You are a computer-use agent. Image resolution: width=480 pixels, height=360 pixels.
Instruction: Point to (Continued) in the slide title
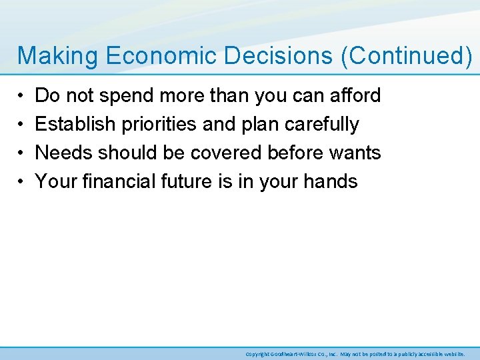[406, 56]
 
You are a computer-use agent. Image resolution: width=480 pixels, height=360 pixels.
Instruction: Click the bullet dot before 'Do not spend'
[21, 96]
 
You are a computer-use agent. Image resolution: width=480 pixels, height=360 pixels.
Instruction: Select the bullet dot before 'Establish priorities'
[21, 125]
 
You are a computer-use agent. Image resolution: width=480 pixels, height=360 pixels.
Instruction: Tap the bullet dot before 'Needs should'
[21, 153]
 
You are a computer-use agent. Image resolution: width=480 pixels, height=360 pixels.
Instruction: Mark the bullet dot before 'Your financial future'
[21, 181]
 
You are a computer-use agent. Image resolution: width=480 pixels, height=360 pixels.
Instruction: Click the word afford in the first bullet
[355, 95]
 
